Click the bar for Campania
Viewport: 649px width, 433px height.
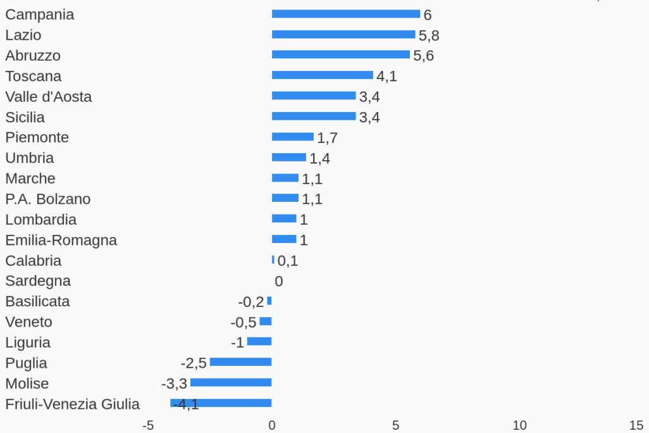point(346,14)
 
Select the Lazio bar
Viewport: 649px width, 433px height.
point(343,34)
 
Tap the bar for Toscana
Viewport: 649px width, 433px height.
point(323,75)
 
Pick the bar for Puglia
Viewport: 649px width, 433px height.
point(241,362)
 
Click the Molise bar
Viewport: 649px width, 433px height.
point(231,382)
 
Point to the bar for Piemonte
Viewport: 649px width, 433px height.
point(293,137)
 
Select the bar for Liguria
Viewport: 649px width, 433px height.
point(259,342)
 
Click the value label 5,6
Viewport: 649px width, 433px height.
point(424,56)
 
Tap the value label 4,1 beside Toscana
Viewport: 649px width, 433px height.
point(387,77)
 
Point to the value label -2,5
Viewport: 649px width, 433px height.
point(194,363)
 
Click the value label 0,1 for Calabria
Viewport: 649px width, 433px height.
point(288,261)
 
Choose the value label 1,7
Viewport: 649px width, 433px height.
point(328,138)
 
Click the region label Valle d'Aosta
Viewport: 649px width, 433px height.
point(49,97)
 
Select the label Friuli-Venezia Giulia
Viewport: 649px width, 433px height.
point(73,404)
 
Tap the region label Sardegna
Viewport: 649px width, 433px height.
point(38,281)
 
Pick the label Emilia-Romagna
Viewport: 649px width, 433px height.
point(61,240)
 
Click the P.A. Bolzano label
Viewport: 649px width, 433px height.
point(48,199)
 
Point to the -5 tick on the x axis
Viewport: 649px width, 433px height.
point(148,425)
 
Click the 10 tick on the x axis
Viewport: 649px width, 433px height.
point(519,425)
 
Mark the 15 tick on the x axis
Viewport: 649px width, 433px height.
point(636,425)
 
